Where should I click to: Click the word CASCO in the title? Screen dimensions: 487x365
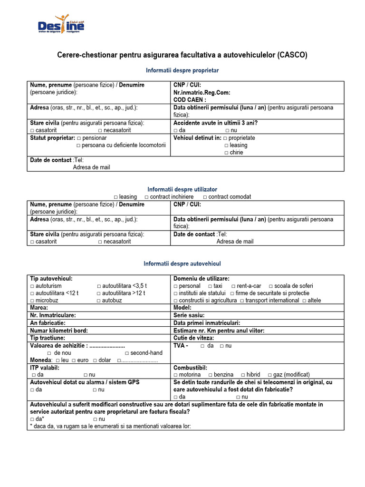pos(293,55)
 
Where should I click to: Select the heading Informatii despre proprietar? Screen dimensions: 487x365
pos(182,70)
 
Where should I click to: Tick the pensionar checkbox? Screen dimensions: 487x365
pos(79,138)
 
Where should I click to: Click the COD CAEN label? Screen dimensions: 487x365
pos(190,100)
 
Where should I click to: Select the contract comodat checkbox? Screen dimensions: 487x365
pos(205,197)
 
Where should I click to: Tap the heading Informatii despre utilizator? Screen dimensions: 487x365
pos(182,189)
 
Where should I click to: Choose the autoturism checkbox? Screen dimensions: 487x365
pos(32,286)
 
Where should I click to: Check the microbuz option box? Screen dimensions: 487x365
pos(32,301)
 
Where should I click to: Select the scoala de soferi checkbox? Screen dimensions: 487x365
pos(270,286)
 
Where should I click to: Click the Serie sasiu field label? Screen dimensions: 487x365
pos(189,315)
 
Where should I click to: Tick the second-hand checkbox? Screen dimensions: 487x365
pos(127,353)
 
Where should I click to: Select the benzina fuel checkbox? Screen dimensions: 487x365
pos(210,375)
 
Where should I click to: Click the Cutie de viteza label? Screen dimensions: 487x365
pos(194,338)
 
